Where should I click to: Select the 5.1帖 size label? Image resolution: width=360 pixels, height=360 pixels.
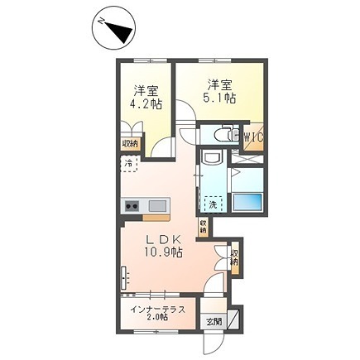coord(218,98)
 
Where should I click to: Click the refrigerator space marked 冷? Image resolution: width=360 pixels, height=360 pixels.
coord(129,164)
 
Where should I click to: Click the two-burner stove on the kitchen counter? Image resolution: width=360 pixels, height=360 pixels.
coord(132,205)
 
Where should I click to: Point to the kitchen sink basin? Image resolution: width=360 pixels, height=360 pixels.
coord(157,205)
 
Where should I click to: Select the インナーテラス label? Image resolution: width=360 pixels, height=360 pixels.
coord(156,310)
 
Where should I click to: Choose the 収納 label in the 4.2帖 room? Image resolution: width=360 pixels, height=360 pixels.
coord(129,143)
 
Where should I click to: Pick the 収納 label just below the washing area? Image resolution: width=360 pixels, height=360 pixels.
coord(203,226)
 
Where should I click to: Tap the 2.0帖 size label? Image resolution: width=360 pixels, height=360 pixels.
coord(157,321)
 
